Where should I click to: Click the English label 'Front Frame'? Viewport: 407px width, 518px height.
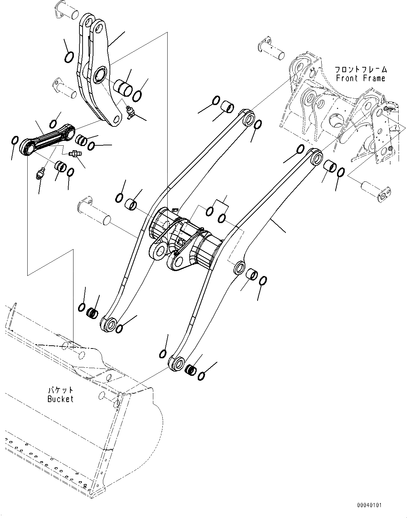tap(360, 78)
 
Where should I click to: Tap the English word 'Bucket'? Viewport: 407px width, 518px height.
tap(61, 399)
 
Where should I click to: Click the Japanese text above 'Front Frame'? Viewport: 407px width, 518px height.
tap(360, 69)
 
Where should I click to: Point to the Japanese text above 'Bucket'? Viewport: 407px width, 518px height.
tap(61, 389)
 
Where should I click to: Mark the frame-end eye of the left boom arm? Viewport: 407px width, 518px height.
tap(249, 119)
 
